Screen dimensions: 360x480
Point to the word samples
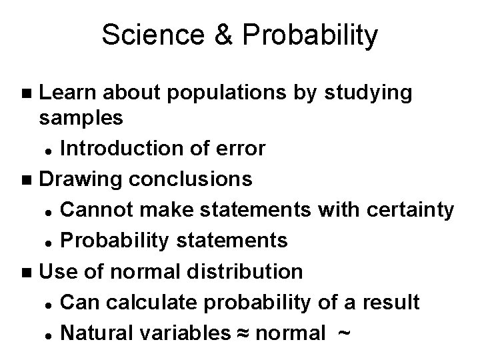point(81,119)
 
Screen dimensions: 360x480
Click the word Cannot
point(96,209)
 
